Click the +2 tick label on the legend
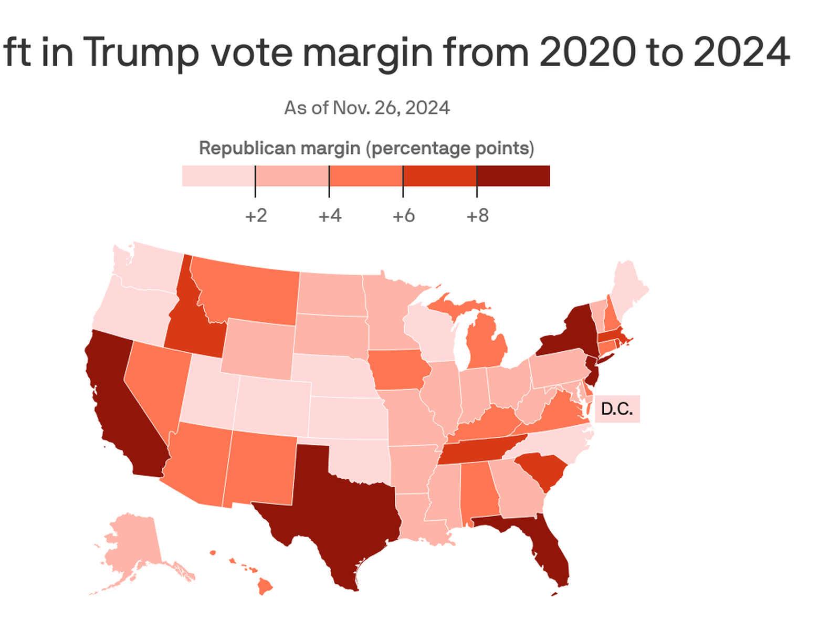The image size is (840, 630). (x=256, y=216)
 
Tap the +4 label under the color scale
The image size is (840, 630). (x=330, y=216)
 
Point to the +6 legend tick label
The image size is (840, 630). (x=403, y=216)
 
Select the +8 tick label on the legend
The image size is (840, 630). (x=477, y=216)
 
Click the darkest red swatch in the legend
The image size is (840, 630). (x=513, y=176)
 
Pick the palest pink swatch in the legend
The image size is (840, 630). (x=218, y=176)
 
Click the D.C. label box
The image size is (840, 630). (x=617, y=409)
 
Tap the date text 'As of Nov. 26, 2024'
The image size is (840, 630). (x=366, y=108)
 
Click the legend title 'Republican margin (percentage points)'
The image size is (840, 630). (x=366, y=149)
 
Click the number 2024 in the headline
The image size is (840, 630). (x=741, y=51)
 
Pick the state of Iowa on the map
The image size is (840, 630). (x=400, y=369)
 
